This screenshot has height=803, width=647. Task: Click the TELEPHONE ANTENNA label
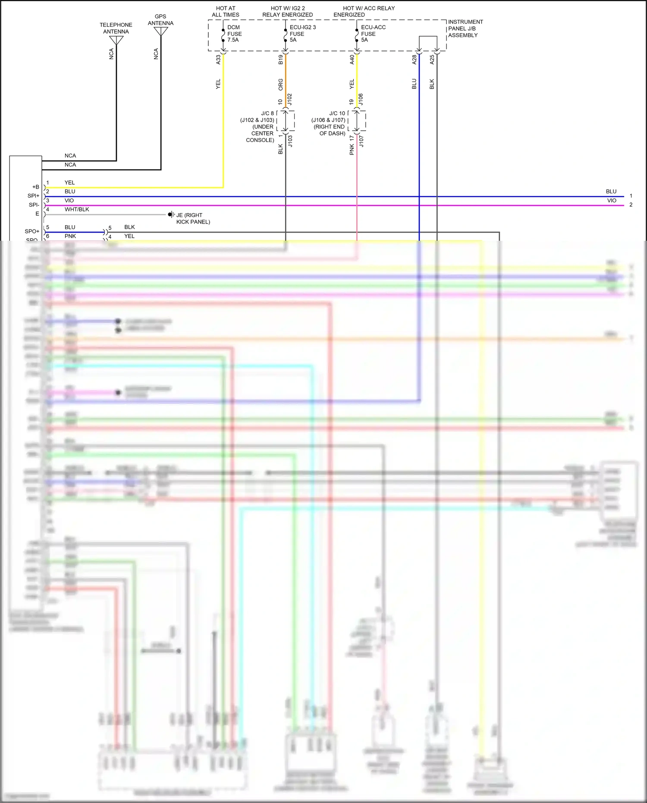point(116,28)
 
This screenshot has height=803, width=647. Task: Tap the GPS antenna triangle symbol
point(161,31)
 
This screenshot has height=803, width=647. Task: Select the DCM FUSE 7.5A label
point(234,34)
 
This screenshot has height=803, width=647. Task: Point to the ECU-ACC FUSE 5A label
point(373,34)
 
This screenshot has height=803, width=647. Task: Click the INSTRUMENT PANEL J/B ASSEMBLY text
point(465,28)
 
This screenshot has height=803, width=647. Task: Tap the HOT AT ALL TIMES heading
point(225,12)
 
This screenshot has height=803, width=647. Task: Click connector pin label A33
point(218,60)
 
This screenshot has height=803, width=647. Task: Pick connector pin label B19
point(281,60)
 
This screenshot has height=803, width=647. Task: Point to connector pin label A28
point(415,60)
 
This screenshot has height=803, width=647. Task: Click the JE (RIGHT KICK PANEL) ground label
point(193,218)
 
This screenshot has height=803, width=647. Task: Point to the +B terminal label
point(36,187)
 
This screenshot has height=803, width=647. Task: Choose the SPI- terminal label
point(34,205)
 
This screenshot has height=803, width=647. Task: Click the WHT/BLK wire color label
point(77,209)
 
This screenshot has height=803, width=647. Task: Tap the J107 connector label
point(361,141)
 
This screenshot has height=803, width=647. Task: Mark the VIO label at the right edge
point(612,201)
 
